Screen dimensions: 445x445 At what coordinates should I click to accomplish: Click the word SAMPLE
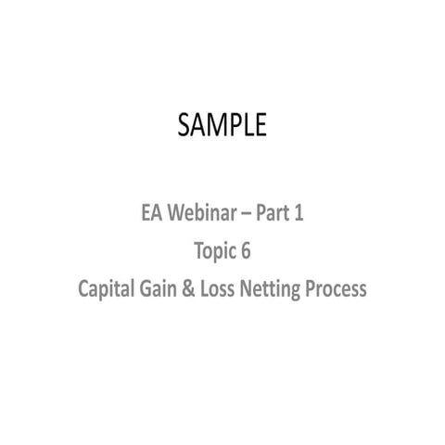point(222,124)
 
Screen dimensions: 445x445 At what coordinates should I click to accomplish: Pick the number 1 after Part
point(299,214)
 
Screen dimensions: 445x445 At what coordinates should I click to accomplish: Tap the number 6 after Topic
point(247,251)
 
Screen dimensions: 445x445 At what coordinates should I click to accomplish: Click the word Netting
point(277,289)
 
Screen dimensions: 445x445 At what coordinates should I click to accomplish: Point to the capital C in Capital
point(83,289)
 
